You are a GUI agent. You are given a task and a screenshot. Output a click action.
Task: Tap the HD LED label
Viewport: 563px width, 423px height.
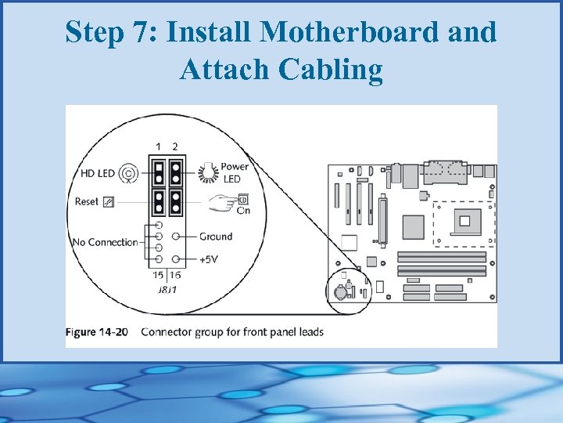coord(97,172)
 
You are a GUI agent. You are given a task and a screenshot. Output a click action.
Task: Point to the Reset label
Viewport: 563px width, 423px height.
coord(87,201)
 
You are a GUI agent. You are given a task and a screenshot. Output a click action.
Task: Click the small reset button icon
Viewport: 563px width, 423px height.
coord(108,201)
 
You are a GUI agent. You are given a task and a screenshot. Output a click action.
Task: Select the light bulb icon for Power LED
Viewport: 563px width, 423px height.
coord(209,171)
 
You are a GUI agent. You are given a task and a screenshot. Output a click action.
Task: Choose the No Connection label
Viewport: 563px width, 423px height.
coord(105,242)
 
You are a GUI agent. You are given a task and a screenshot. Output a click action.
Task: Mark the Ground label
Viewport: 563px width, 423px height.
coord(216,236)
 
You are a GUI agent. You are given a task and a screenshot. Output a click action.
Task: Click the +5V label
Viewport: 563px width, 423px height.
coord(210,258)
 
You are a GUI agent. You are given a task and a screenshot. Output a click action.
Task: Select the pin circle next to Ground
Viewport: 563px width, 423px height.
coord(179,236)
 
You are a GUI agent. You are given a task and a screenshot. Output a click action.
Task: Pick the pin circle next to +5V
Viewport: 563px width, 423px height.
coord(179,258)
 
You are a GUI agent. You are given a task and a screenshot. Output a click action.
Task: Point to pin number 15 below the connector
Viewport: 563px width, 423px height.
coord(159,275)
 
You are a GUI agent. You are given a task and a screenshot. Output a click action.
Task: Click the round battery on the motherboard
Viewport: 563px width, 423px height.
coord(341,291)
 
